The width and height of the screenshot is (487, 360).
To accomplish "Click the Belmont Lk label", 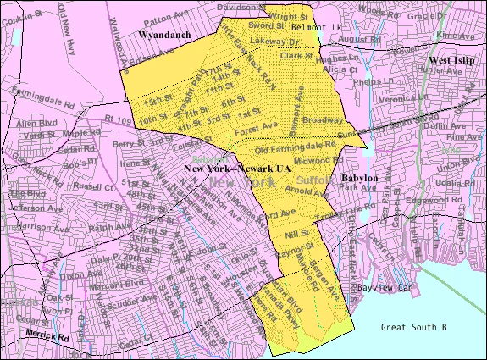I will [347, 26].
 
